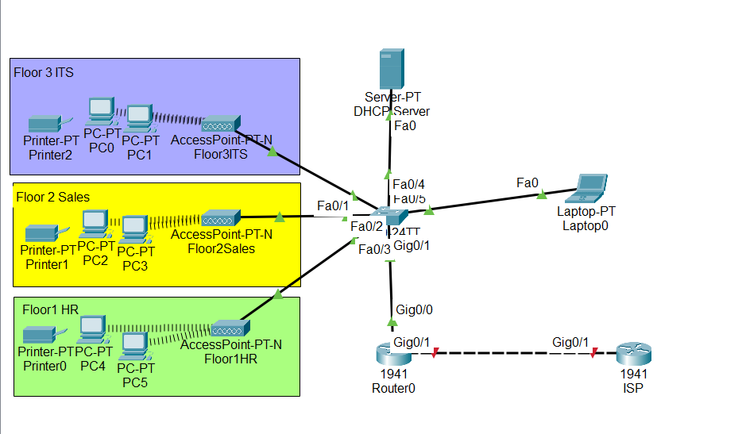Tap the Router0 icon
[392, 355]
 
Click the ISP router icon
[633, 355]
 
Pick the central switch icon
[391, 215]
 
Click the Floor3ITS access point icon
[218, 124]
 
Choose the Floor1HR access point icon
[230, 327]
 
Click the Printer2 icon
[45, 125]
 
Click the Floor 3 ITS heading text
[44, 72]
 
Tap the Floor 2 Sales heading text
[52, 197]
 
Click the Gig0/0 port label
[413, 309]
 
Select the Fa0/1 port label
[332, 206]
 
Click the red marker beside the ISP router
[593, 354]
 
